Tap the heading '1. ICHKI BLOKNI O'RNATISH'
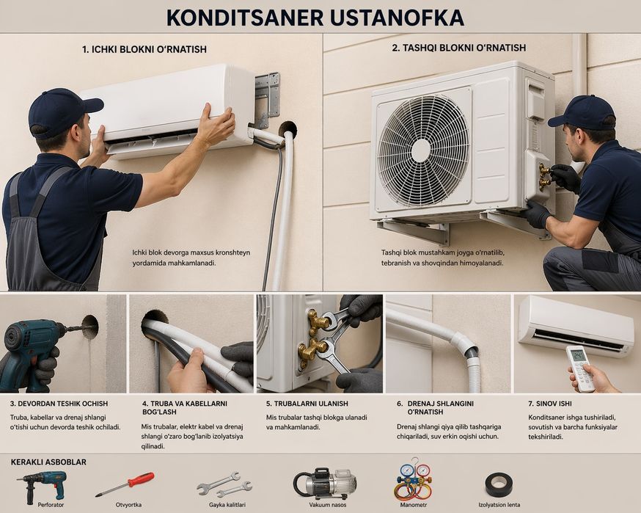pyautogui.click(x=144, y=49)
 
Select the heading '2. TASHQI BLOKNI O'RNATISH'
pyautogui.click(x=458, y=48)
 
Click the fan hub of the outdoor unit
pyautogui.click(x=421, y=150)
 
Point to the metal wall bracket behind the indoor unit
pyautogui.click(x=268, y=98)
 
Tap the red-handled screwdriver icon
pyautogui.click(x=125, y=484)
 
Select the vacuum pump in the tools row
pyautogui.click(x=325, y=483)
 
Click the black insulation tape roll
pyautogui.click(x=499, y=485)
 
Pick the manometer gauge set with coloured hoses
pyautogui.click(x=413, y=479)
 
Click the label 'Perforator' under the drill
pyautogui.click(x=51, y=505)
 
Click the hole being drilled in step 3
pyautogui.click(x=90, y=327)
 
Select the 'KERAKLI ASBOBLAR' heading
pyautogui.click(x=48, y=462)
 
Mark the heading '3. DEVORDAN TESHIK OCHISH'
pyautogui.click(x=59, y=404)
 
